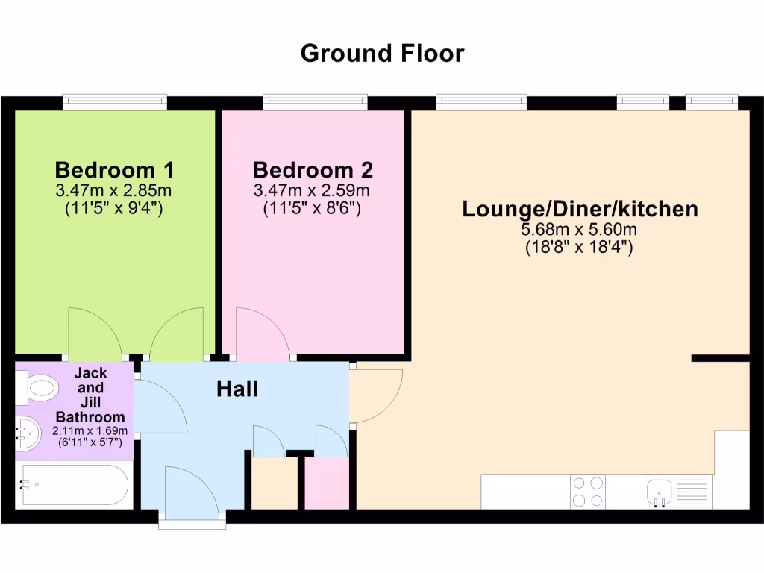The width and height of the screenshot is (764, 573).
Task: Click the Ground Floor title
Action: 382,54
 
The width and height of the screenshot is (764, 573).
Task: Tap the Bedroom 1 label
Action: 114,170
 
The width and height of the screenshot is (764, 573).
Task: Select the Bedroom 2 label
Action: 313,170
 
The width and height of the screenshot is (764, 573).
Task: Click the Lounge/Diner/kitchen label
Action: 580,209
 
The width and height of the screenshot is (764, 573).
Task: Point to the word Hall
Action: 237,389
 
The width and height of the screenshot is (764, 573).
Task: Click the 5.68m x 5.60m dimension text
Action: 580,230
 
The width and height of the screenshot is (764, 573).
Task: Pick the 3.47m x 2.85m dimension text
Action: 114,190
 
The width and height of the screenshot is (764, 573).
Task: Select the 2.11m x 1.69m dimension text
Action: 90,431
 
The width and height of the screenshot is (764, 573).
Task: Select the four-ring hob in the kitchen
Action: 587,492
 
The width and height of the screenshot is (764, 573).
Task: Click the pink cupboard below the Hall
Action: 326,483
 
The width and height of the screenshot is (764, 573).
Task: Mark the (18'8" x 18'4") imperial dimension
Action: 580,248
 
